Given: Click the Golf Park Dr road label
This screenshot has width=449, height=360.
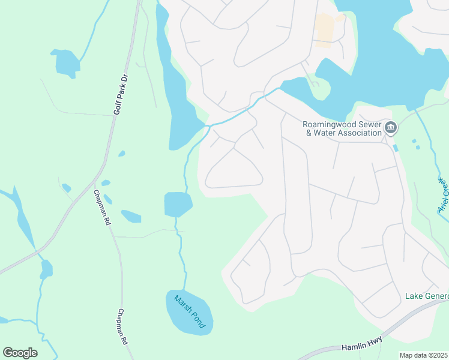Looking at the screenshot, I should (x=121, y=95).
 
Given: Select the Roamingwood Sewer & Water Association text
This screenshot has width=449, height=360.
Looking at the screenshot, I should (x=343, y=128).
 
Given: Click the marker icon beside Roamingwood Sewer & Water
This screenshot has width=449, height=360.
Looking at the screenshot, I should (x=391, y=128).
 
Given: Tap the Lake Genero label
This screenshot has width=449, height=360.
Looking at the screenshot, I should (x=426, y=296).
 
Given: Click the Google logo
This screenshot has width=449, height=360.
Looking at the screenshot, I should (x=20, y=353).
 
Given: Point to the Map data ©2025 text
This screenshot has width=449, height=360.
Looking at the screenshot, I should (x=424, y=355).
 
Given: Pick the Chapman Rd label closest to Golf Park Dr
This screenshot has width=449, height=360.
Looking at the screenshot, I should (x=103, y=208).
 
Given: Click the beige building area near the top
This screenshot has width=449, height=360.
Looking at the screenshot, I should (x=325, y=30).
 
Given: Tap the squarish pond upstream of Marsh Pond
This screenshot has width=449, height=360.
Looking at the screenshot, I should (x=177, y=205).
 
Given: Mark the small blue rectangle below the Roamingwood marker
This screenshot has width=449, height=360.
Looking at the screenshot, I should (x=395, y=148).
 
